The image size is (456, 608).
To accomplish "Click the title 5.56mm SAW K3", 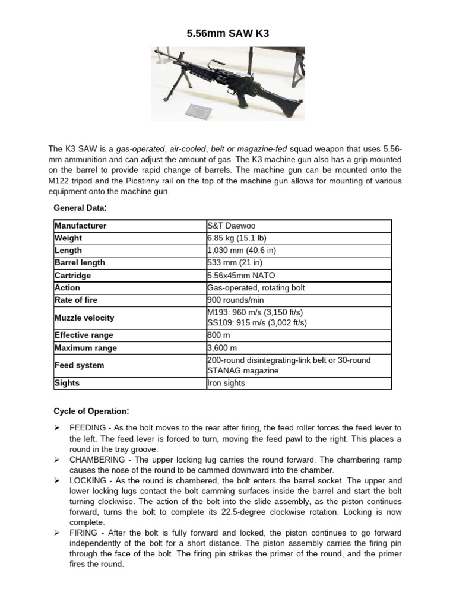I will pos(228,34).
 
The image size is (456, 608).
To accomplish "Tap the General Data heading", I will pos(80,208).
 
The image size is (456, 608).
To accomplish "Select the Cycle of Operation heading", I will pos(90,411).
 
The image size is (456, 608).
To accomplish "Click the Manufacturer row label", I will pos(81,226).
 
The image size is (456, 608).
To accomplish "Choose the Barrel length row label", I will pos(80,262).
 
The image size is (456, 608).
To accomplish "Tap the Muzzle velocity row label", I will pos(84,318).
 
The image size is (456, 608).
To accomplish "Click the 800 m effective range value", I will pos(218,335).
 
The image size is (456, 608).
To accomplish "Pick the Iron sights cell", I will pos(225,383).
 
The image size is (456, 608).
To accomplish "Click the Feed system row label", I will pos(79,365).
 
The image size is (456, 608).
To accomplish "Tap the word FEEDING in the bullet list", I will pos(88,427).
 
